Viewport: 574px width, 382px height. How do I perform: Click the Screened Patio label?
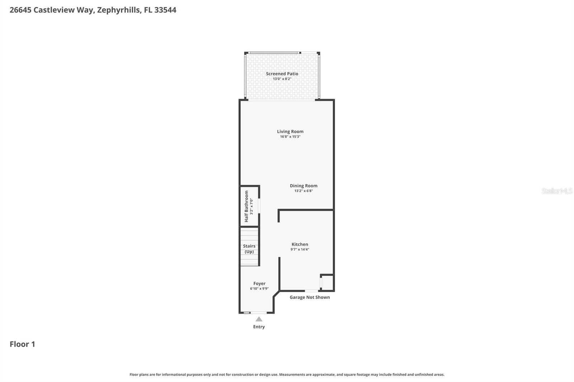coord(282,74)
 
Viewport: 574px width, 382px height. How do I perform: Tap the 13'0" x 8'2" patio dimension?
coord(282,79)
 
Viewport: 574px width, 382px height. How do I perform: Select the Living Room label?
coord(290,132)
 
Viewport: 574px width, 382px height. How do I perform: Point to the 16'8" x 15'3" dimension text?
coord(290,137)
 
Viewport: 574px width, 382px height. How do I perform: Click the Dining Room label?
coord(304,186)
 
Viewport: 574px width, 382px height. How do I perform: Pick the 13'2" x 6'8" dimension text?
coord(304,191)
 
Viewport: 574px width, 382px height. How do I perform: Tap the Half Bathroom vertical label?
coord(246,206)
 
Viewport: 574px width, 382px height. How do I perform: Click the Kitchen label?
coord(300,244)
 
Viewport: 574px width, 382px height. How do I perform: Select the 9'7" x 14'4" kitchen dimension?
coord(300,249)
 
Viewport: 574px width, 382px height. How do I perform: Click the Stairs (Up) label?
coord(249,249)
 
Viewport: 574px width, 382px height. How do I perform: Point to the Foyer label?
coord(259,283)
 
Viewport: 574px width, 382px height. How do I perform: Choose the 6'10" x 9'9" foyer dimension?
coord(259,289)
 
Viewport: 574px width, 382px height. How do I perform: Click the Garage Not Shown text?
coord(310,297)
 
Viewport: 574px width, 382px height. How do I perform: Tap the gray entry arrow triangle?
coord(259,319)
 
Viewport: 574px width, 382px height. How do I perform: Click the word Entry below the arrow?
coord(259,327)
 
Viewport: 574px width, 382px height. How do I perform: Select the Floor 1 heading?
coord(22,344)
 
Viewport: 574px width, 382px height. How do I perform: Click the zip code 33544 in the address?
coord(165,10)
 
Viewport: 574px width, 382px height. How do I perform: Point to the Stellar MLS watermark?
coord(557,191)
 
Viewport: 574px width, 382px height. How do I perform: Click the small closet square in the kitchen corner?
coord(327,282)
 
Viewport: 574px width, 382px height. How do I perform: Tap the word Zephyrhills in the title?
coord(118,10)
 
